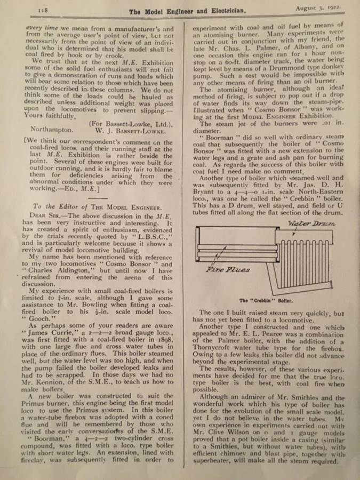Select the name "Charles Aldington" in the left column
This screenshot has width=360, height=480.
55,270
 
